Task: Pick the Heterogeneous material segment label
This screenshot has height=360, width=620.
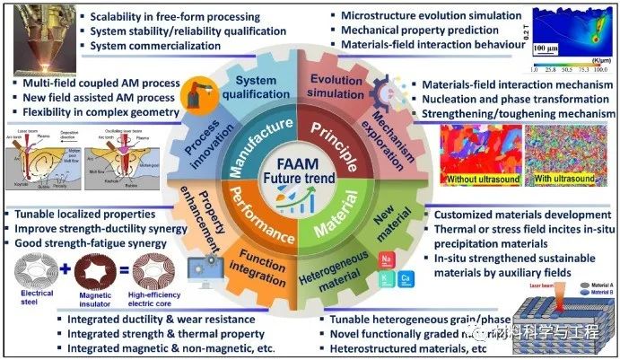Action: pyautogui.click(x=354, y=274)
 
